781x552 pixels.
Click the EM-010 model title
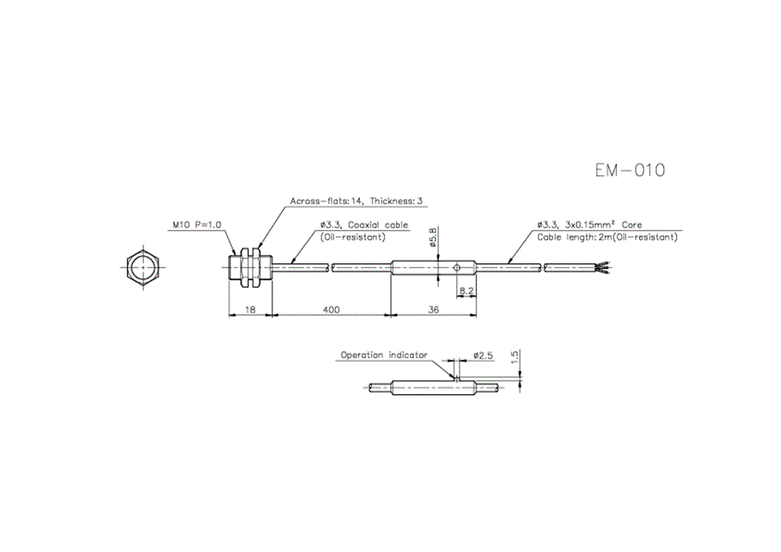point(629,170)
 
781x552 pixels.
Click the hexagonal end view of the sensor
point(142,268)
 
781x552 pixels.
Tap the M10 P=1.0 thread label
point(197,224)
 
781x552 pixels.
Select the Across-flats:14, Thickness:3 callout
point(355,201)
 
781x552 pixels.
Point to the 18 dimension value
point(250,310)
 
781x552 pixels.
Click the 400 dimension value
point(331,310)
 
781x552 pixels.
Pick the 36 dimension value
point(433,310)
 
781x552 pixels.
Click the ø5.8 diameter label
point(433,237)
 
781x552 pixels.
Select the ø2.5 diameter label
point(483,355)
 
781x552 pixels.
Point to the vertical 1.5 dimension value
point(512,358)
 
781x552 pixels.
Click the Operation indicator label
point(383,355)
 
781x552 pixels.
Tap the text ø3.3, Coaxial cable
point(363,224)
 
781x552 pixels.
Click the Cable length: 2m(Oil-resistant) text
point(607,236)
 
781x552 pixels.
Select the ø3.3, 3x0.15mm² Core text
point(589,224)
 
